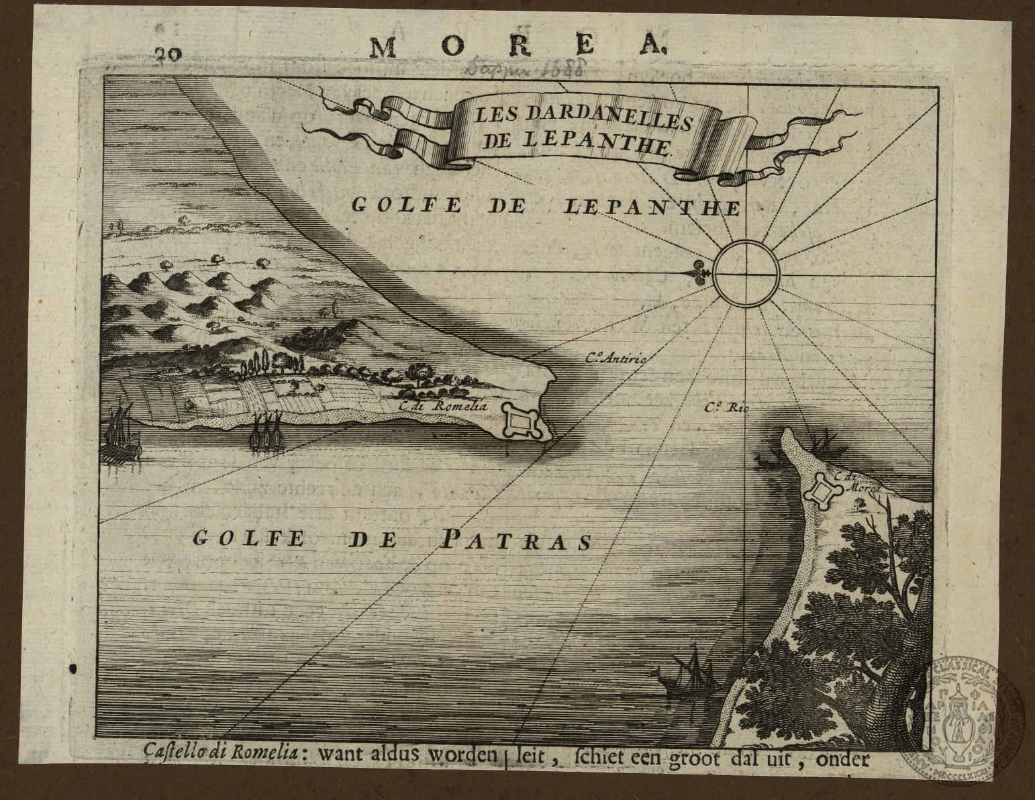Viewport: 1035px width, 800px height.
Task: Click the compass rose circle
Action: coord(746,274)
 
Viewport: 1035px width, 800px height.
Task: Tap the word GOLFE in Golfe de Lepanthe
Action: coord(407,205)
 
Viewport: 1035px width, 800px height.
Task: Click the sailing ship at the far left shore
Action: coord(120,433)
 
